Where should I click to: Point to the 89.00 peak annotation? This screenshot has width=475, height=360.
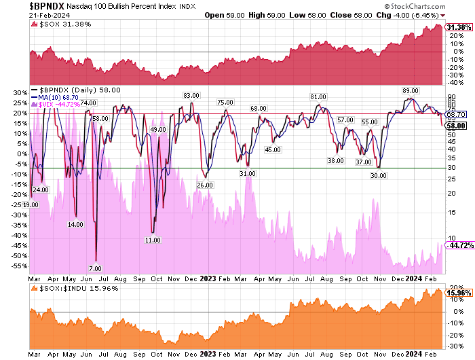(410, 90)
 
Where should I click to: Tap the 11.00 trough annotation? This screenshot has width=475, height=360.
(152, 240)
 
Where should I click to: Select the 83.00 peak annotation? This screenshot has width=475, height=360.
(191, 96)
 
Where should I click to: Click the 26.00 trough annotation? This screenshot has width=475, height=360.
(204, 185)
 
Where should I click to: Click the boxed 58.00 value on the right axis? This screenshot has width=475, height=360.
(455, 126)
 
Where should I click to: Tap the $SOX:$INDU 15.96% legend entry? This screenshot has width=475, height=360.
(71, 289)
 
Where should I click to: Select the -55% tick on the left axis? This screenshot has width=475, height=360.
(18, 266)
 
